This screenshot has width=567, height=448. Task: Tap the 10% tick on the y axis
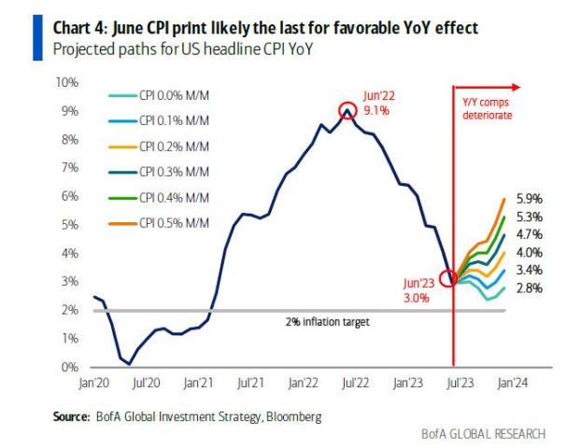[68, 82]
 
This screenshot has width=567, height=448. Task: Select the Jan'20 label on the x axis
[95, 384]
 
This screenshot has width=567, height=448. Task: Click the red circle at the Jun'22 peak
[347, 109]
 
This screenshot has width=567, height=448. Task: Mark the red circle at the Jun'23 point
[449, 278]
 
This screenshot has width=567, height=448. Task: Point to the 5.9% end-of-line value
[528, 198]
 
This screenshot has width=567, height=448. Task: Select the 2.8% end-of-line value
[528, 288]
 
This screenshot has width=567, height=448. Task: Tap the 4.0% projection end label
[528, 253]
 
